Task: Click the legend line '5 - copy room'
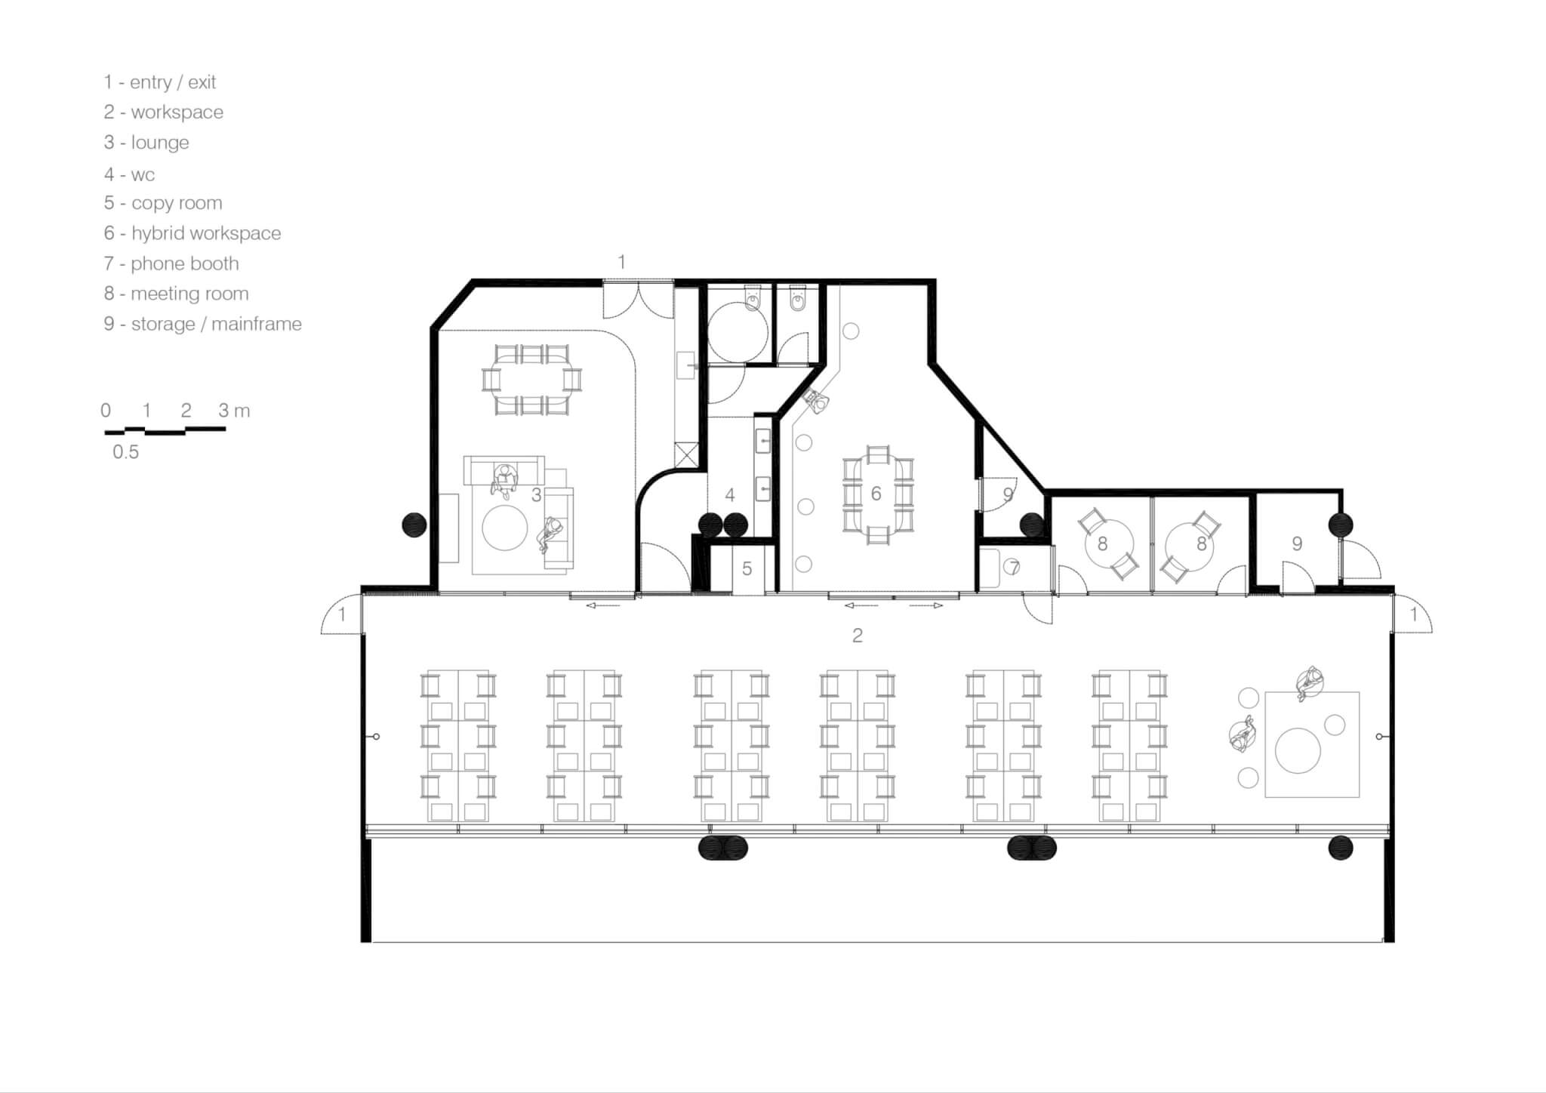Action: [163, 203]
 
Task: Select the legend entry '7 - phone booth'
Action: [171, 263]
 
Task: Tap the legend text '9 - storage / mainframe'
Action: [203, 324]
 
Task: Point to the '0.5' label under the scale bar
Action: [126, 451]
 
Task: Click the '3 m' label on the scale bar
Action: [234, 411]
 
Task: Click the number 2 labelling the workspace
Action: [857, 636]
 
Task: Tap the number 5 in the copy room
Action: [747, 568]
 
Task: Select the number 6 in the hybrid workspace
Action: [876, 494]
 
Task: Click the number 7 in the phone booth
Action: [1014, 567]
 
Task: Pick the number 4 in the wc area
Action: [729, 495]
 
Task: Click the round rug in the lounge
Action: [505, 528]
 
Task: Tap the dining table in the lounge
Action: [531, 380]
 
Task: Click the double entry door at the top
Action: [638, 300]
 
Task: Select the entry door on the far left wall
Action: [341, 614]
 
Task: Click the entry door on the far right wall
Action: [1412, 614]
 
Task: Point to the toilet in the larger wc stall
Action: [753, 299]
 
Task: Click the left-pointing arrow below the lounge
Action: [602, 605]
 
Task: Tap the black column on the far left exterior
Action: [414, 524]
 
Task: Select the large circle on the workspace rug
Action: [1298, 750]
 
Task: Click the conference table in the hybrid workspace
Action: [878, 494]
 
